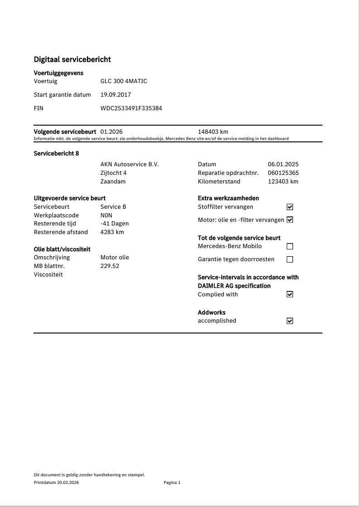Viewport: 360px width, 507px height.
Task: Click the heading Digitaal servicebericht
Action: (72, 60)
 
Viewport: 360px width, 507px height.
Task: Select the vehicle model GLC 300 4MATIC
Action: (123, 81)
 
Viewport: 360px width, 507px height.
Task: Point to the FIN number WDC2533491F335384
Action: (131, 108)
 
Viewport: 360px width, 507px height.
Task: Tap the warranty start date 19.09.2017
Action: (116, 95)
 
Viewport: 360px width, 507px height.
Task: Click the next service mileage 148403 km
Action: (213, 132)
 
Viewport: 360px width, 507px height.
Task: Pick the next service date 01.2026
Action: (111, 132)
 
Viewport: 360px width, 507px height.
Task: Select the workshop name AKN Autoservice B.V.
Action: (130, 164)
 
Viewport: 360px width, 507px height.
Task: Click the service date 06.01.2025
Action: (283, 164)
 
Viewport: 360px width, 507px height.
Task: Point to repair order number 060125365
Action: (283, 173)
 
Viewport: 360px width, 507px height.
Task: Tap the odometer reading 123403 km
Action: (283, 182)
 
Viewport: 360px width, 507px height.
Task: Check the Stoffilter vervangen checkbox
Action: (290, 207)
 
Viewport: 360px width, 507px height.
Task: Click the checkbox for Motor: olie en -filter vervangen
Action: (290, 220)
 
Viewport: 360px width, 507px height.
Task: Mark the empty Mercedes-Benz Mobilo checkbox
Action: (290, 247)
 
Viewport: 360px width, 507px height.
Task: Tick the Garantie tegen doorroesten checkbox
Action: (290, 259)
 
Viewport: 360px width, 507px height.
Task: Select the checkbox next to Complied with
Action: (290, 294)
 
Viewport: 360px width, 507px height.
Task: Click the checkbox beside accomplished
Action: (290, 321)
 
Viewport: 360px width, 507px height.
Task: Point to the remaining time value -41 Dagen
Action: (114, 224)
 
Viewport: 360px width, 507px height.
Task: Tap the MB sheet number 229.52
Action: (110, 266)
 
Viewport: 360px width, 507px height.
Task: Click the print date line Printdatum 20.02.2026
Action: (57, 483)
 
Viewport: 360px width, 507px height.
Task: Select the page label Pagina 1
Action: (172, 483)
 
